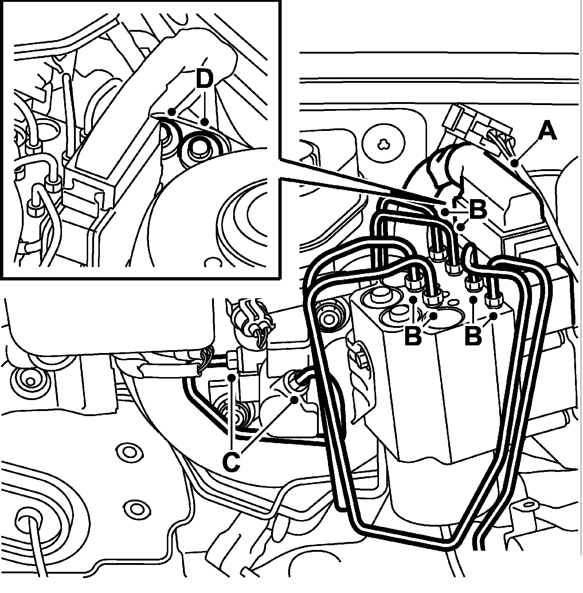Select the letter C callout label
tap(230, 461)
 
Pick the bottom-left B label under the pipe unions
tap(413, 336)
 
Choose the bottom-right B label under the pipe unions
tap(473, 336)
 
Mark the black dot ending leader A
tap(514, 163)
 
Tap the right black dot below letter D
tap(205, 122)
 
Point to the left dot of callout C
tap(231, 376)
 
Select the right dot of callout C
tap(294, 399)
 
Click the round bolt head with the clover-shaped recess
tap(383, 144)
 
